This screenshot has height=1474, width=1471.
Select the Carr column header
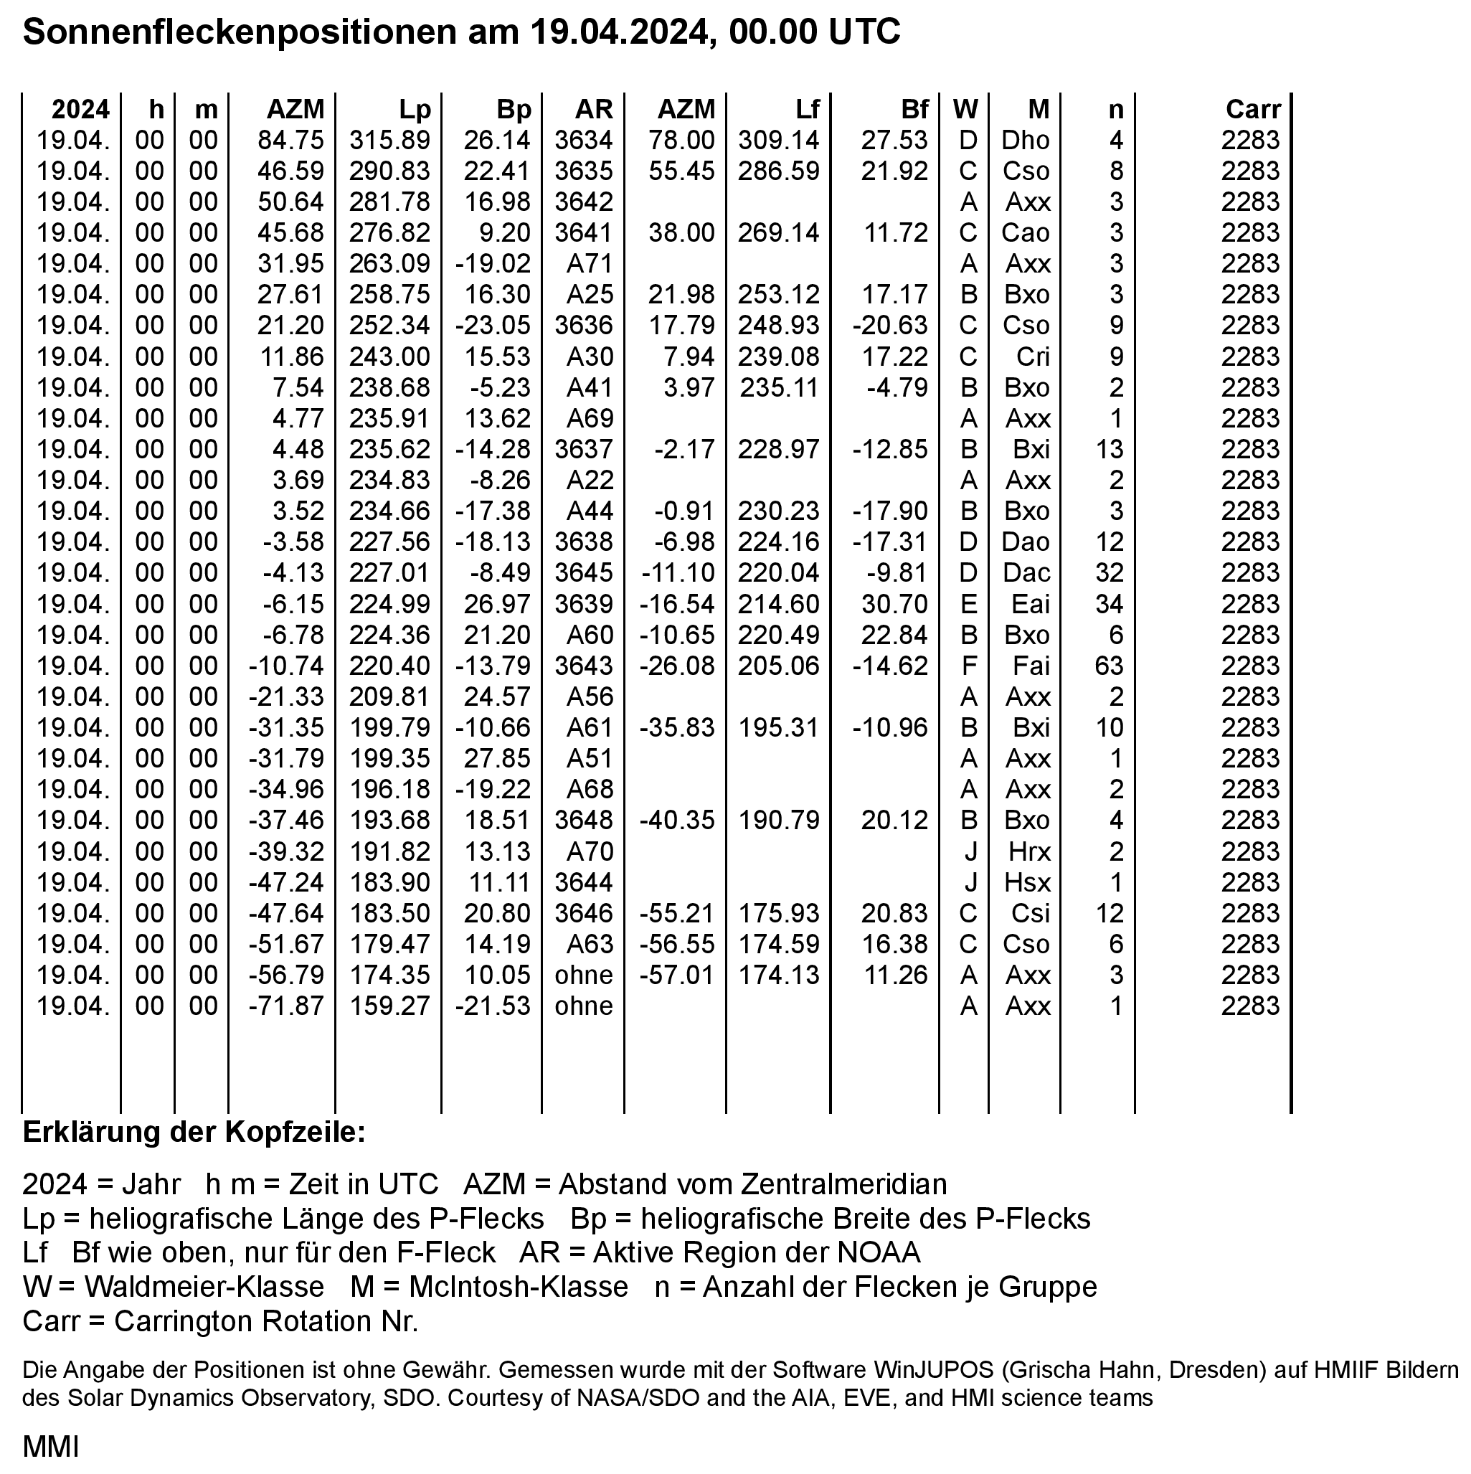[1252, 110]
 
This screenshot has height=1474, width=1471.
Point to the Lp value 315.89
[390, 141]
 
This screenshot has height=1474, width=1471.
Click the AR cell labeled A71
[589, 264]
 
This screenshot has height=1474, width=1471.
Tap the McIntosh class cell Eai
[1030, 604]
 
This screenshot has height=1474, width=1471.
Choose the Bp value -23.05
[492, 326]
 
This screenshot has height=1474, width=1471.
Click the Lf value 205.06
[778, 666]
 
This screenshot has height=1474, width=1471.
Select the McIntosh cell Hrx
[1029, 851]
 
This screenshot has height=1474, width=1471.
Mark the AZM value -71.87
[286, 1006]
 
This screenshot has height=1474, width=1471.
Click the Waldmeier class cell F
[968, 666]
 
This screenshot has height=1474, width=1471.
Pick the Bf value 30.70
[894, 604]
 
